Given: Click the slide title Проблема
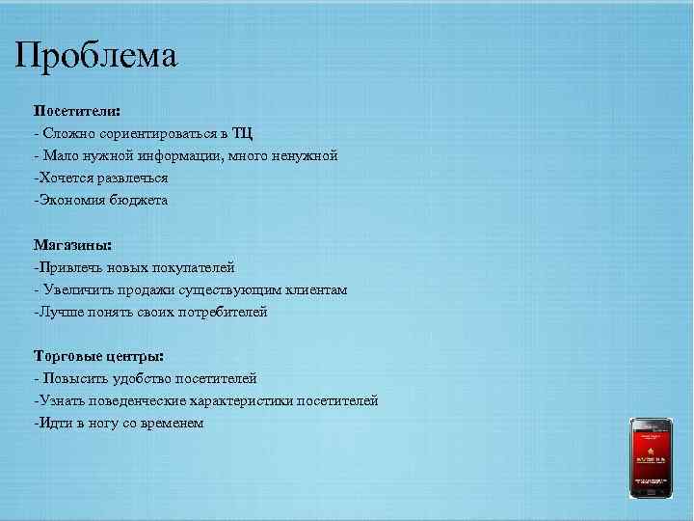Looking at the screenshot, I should (x=96, y=55).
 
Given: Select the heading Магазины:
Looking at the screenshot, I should (x=72, y=245).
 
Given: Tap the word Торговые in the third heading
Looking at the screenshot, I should (x=65, y=357).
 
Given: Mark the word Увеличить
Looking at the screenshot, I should (x=73, y=289).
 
